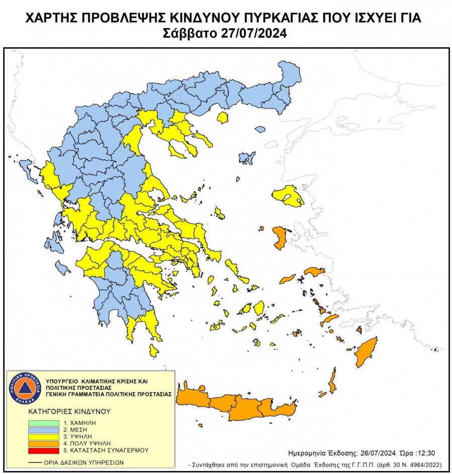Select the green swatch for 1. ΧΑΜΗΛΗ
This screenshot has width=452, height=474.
44,423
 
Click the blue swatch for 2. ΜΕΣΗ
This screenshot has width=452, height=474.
44,430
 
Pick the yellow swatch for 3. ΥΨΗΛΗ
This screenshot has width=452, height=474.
44,437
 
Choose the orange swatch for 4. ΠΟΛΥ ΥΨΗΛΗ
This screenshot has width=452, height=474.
44,444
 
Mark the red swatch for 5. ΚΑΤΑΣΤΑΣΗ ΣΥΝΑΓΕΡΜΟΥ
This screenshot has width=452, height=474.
44,450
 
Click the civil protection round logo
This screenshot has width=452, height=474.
25,389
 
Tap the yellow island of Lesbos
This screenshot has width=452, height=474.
288,196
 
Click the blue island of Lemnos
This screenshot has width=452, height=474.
247,159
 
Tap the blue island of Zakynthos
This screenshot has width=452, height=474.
63,268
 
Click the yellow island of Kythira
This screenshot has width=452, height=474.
154,350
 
